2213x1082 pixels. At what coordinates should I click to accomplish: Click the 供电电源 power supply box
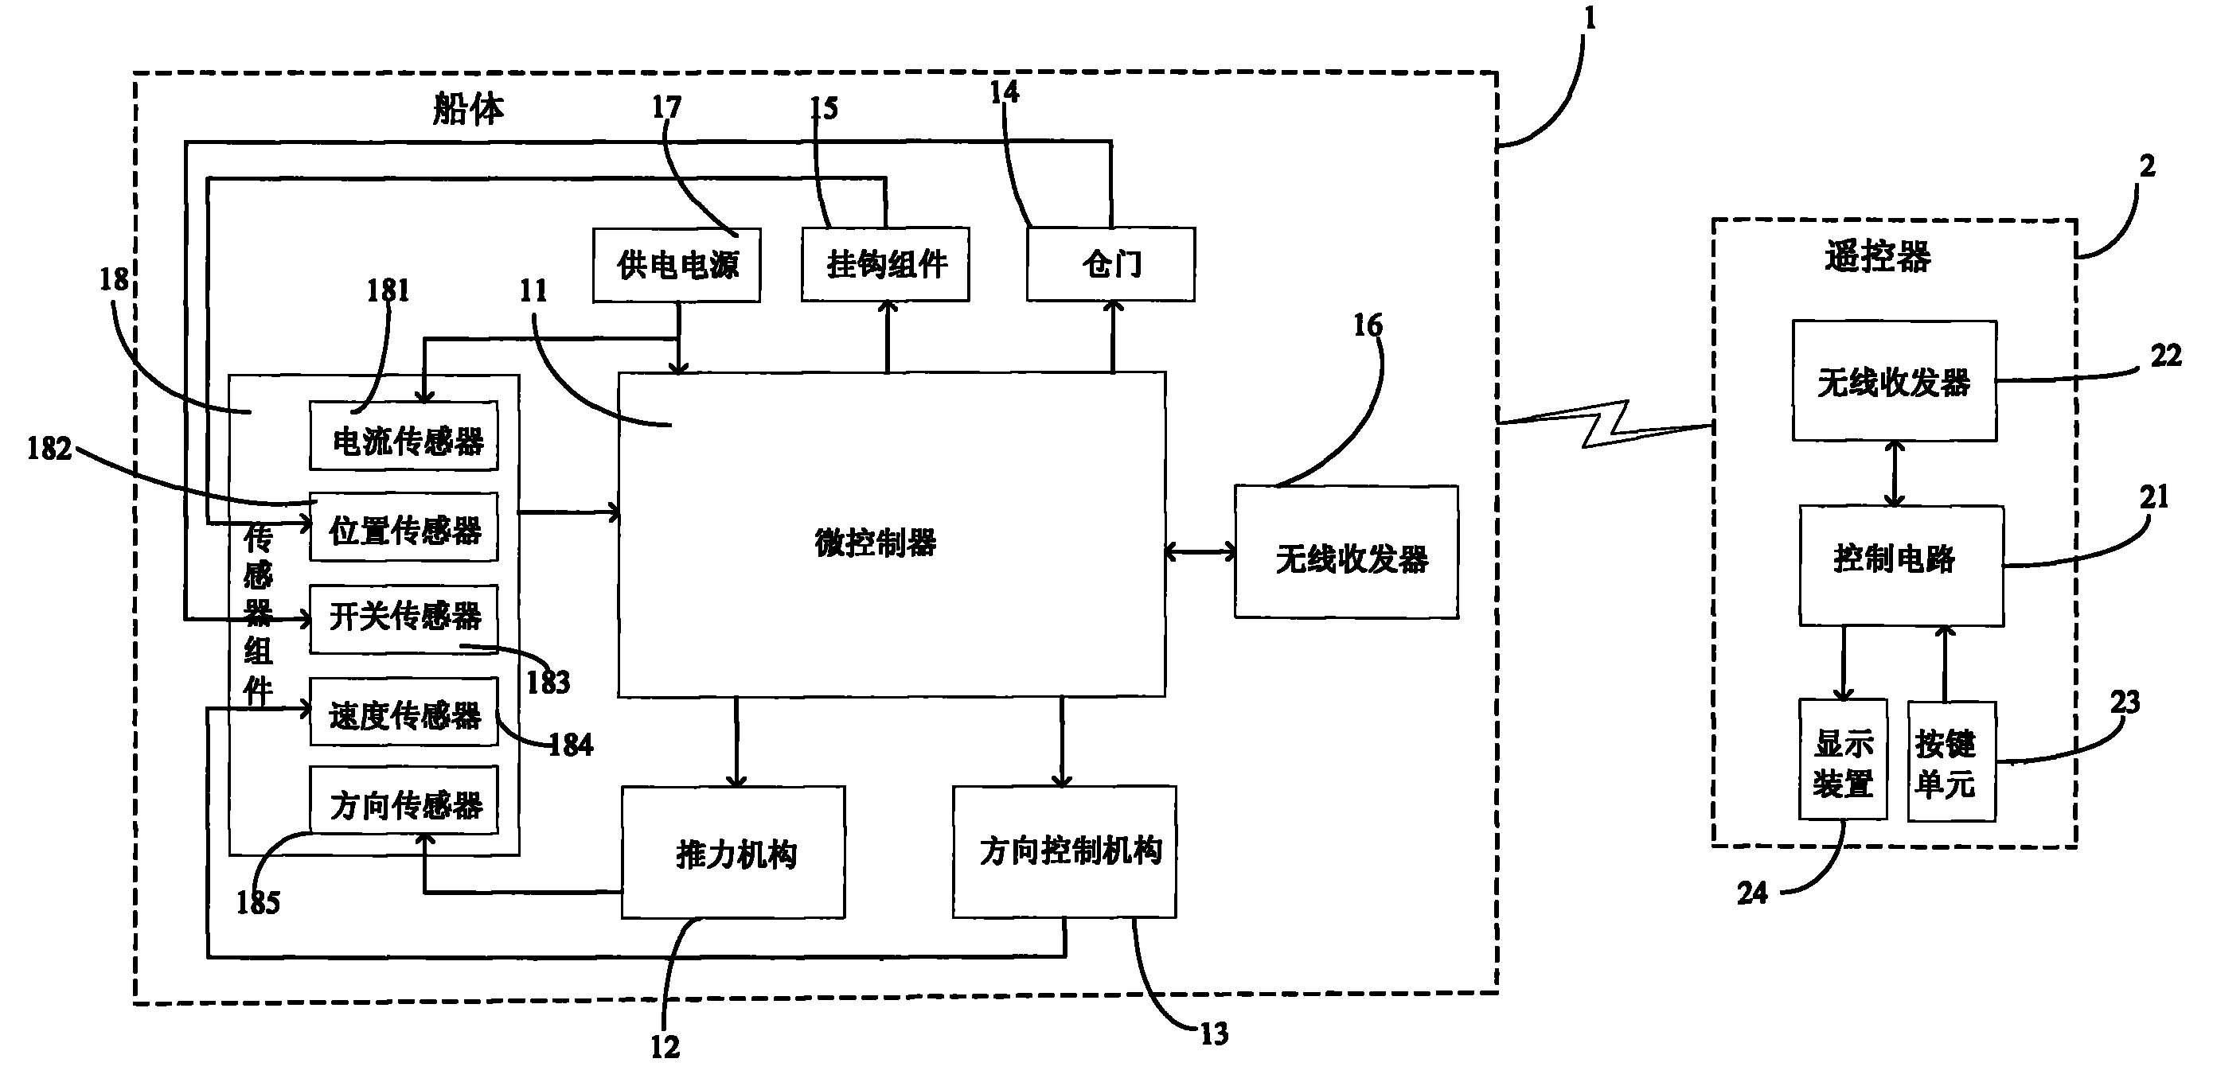click(x=676, y=264)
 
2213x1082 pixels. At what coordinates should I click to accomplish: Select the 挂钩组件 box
click(x=886, y=264)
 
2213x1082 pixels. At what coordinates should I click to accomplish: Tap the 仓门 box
click(x=1110, y=264)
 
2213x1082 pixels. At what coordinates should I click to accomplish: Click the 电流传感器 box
click(x=404, y=436)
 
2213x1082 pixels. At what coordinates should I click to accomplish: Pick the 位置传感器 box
click(x=404, y=527)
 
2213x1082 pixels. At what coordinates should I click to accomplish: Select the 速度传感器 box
click(x=404, y=712)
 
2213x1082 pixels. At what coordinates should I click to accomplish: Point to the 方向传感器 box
click(x=404, y=800)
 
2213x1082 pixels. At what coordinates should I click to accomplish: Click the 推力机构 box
click(x=734, y=852)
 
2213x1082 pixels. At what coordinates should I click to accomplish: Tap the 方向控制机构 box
click(x=1064, y=851)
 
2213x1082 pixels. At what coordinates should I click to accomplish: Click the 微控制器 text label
click(x=876, y=543)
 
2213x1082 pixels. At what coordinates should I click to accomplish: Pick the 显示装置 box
click(x=1843, y=759)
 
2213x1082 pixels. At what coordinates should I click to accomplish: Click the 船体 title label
click(x=468, y=109)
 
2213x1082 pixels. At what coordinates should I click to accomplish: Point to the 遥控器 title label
click(x=1878, y=256)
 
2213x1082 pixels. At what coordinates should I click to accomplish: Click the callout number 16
click(x=1368, y=325)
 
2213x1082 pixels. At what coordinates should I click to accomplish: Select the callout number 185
click(x=258, y=902)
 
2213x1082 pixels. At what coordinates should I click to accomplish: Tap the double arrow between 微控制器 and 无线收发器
click(x=1200, y=552)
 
